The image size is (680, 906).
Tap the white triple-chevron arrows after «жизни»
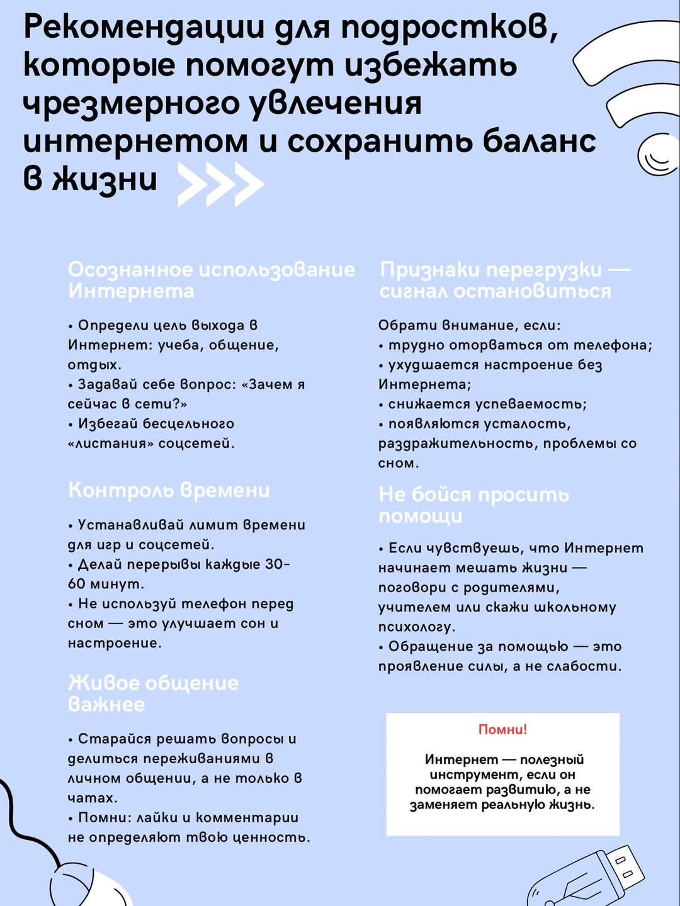220,184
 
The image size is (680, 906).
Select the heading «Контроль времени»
169,490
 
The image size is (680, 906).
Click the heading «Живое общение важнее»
153,693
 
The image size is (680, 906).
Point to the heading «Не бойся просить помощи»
473,505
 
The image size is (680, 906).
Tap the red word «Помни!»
502,729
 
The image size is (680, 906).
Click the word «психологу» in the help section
416,627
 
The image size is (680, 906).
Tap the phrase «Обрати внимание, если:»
469,325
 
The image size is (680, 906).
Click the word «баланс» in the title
539,141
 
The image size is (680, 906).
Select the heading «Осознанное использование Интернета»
211,280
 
